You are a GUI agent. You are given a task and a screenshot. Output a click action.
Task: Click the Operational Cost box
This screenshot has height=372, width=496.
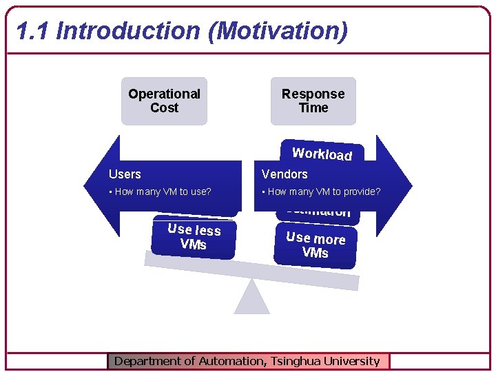coord(164,101)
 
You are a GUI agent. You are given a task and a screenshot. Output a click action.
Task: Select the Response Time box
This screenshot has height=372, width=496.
coord(313,101)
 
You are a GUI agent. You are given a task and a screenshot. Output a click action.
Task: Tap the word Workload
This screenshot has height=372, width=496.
coord(322,153)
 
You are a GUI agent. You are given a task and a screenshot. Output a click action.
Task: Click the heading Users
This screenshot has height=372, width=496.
coord(125,174)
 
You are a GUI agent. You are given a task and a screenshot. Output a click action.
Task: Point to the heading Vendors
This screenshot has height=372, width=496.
coord(285,174)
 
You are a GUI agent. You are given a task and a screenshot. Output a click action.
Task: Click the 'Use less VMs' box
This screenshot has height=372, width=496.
coord(194,237)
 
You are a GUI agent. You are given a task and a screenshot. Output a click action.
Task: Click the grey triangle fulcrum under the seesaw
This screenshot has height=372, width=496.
coord(251,300)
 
